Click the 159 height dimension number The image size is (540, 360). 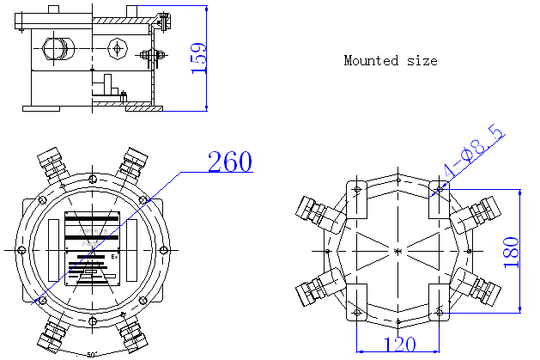[x=198, y=58]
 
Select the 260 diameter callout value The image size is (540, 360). [x=230, y=162]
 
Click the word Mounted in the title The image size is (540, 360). [x=371, y=61]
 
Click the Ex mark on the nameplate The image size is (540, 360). [x=114, y=255]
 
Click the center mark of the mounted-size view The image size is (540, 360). [x=397, y=250]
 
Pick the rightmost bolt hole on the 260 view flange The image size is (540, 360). [x=162, y=249]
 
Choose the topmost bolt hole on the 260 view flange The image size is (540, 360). [x=91, y=179]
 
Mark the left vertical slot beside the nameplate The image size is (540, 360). [x=54, y=249]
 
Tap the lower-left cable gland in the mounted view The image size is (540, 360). [x=313, y=290]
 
